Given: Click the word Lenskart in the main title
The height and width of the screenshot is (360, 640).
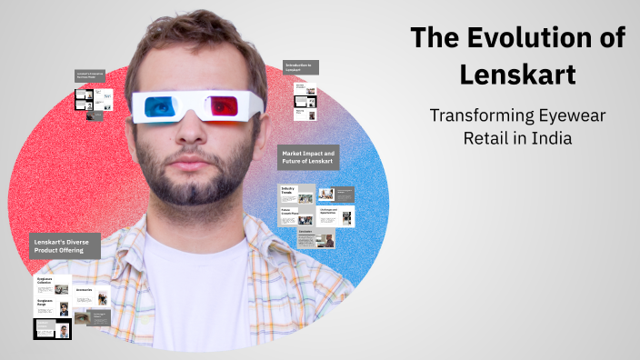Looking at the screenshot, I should pyautogui.click(x=517, y=74).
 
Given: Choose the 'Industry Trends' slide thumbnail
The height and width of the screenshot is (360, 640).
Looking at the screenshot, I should pyautogui.click(x=295, y=193).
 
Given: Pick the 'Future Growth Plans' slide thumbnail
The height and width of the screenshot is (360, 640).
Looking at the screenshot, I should pyautogui.click(x=295, y=215).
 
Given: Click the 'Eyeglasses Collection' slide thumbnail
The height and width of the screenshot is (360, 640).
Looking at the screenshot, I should pyautogui.click(x=53, y=285).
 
